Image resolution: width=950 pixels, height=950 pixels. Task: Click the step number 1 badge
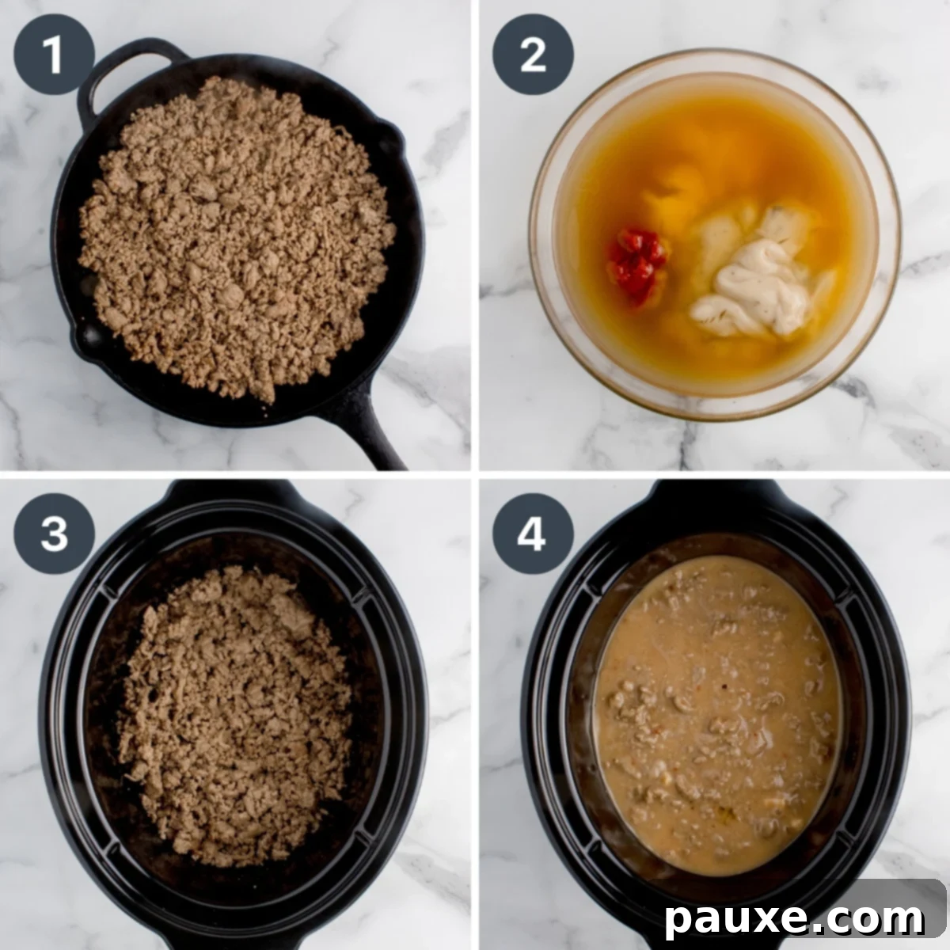pyautogui.click(x=54, y=55)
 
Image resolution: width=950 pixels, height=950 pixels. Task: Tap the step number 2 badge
pyautogui.click(x=533, y=55)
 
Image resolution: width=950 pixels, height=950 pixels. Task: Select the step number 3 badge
pyautogui.click(x=54, y=534)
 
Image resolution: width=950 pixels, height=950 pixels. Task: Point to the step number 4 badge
pyautogui.click(x=533, y=534)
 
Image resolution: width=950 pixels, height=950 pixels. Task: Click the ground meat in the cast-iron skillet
pyautogui.click(x=237, y=237)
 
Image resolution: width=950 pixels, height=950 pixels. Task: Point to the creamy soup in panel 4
pyautogui.click(x=716, y=712)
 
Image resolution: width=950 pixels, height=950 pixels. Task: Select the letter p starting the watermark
pyautogui.click(x=679, y=921)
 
